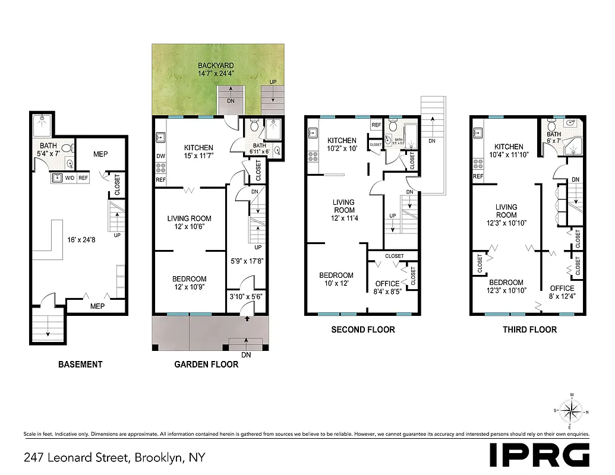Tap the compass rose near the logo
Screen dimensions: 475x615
click(570, 410)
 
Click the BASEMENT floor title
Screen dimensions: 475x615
click(80, 364)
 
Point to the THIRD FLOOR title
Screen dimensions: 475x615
click(529, 329)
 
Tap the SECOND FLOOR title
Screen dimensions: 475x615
click(362, 329)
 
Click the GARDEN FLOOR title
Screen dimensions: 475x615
click(206, 364)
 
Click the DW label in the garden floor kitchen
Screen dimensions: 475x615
click(160, 157)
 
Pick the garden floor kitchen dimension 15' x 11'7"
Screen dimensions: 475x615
click(198, 156)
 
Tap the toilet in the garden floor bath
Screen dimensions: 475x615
click(254, 126)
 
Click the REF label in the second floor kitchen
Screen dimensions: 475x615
click(376, 125)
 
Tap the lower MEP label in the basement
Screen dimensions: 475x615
click(97, 306)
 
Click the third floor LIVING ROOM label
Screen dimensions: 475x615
click(506, 211)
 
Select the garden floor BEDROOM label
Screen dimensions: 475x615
click(189, 279)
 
